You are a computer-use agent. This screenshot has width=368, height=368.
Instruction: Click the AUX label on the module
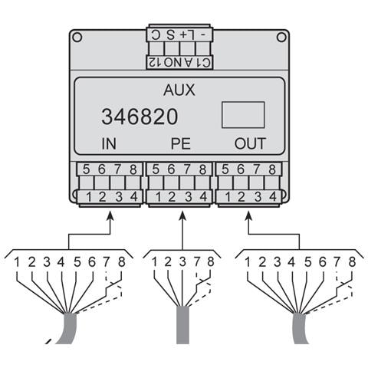(x=179, y=90)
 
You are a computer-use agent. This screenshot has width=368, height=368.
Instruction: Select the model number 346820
(x=140, y=117)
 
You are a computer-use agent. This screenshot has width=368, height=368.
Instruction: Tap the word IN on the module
(x=109, y=143)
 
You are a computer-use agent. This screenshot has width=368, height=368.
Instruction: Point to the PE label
(x=181, y=143)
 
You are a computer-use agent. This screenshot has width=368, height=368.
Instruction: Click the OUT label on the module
(x=250, y=143)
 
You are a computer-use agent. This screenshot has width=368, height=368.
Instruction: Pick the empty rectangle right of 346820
(x=243, y=115)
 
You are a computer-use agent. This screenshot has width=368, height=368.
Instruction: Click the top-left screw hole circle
(x=77, y=38)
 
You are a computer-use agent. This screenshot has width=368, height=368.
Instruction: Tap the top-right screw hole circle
(x=281, y=38)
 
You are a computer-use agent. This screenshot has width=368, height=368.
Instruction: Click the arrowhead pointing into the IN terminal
(x=110, y=215)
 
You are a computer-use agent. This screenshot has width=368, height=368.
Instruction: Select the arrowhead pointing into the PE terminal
(x=182, y=215)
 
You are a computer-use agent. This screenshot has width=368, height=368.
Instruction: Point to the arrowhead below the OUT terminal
(x=249, y=215)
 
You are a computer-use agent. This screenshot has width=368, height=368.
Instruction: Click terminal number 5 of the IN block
(x=86, y=169)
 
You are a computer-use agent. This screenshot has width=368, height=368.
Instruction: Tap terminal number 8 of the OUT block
(x=272, y=169)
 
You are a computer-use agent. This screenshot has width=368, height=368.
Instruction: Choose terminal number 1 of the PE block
(x=159, y=197)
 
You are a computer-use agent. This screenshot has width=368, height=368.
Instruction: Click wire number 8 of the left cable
(x=122, y=262)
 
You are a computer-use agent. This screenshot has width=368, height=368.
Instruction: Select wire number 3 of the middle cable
(x=182, y=262)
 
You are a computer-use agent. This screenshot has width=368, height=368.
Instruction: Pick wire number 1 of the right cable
(x=248, y=262)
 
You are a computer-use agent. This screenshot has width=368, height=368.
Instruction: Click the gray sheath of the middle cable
(x=182, y=325)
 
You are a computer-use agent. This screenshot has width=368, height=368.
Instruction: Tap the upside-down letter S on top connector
(x=170, y=34)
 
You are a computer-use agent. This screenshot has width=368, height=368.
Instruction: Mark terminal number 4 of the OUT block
(x=273, y=197)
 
